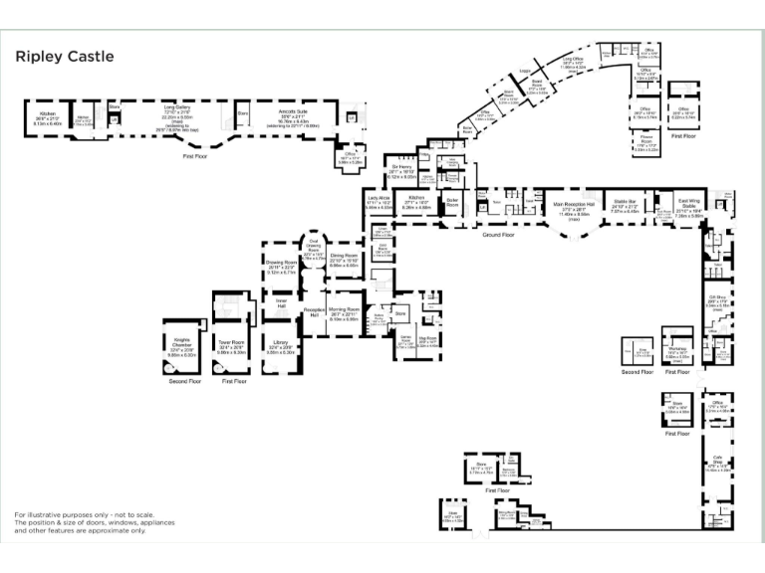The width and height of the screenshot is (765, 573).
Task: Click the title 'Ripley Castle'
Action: point(64,57)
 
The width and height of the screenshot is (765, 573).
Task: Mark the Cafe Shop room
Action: point(717,463)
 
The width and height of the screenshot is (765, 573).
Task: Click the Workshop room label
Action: point(677,349)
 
